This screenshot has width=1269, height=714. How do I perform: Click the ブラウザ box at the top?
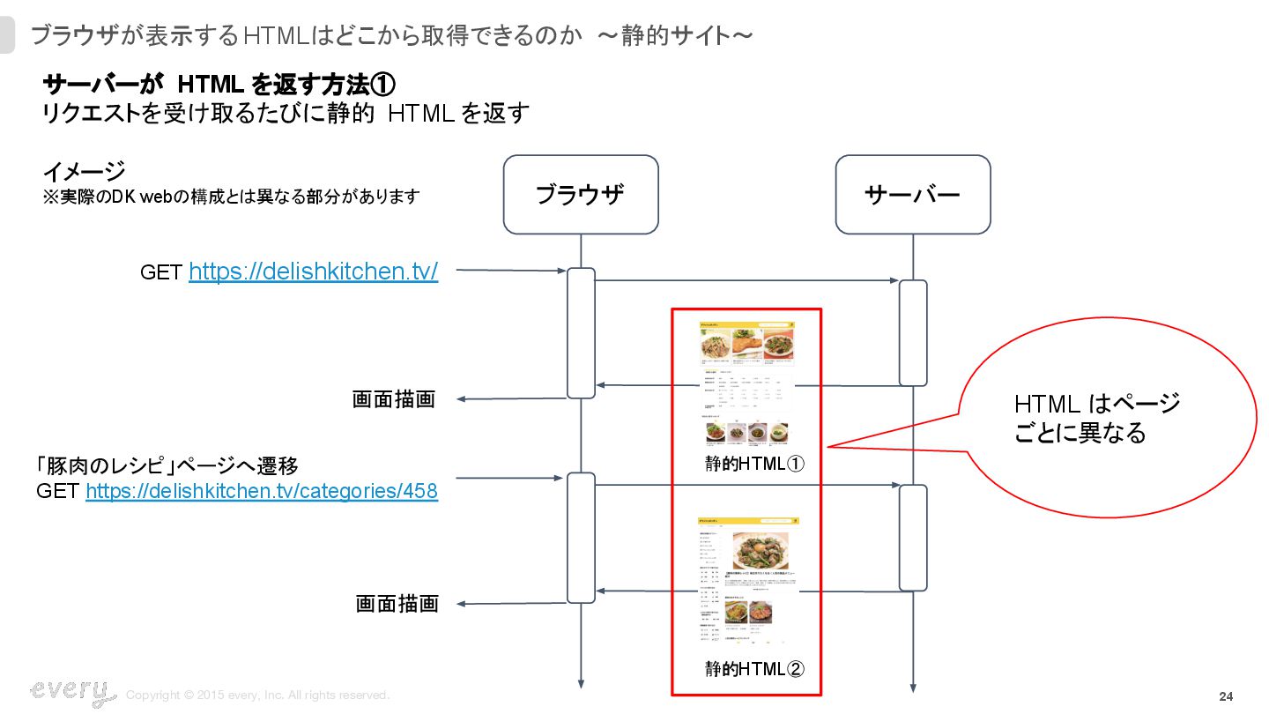tap(580, 195)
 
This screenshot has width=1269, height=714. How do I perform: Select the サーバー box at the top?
tap(912, 195)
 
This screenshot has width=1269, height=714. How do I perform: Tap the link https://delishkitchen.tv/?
tap(313, 271)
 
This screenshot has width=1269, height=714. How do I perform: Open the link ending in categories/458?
tap(261, 491)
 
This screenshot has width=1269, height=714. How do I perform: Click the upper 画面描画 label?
tap(394, 399)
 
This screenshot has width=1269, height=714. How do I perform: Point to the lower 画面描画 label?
tap(397, 604)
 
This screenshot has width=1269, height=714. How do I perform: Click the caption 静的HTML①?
tap(754, 464)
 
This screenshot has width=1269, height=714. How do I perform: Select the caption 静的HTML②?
tap(754, 669)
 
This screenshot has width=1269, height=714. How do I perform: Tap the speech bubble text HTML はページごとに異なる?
tap(1096, 419)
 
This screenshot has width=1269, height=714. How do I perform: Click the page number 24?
tap(1226, 697)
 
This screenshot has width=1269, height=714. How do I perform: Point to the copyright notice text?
tap(257, 695)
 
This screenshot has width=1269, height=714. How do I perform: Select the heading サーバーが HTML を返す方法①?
tap(219, 85)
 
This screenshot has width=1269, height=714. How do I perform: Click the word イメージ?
tap(84, 170)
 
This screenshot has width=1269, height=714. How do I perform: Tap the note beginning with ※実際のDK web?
tap(231, 197)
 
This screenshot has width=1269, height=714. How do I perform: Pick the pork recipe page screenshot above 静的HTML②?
tap(747, 583)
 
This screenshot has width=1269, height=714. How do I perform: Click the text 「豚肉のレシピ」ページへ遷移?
tap(174, 465)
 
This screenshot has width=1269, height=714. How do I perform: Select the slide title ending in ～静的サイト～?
tap(391, 35)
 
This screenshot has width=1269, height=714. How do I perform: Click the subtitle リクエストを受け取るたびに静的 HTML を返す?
tap(286, 114)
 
